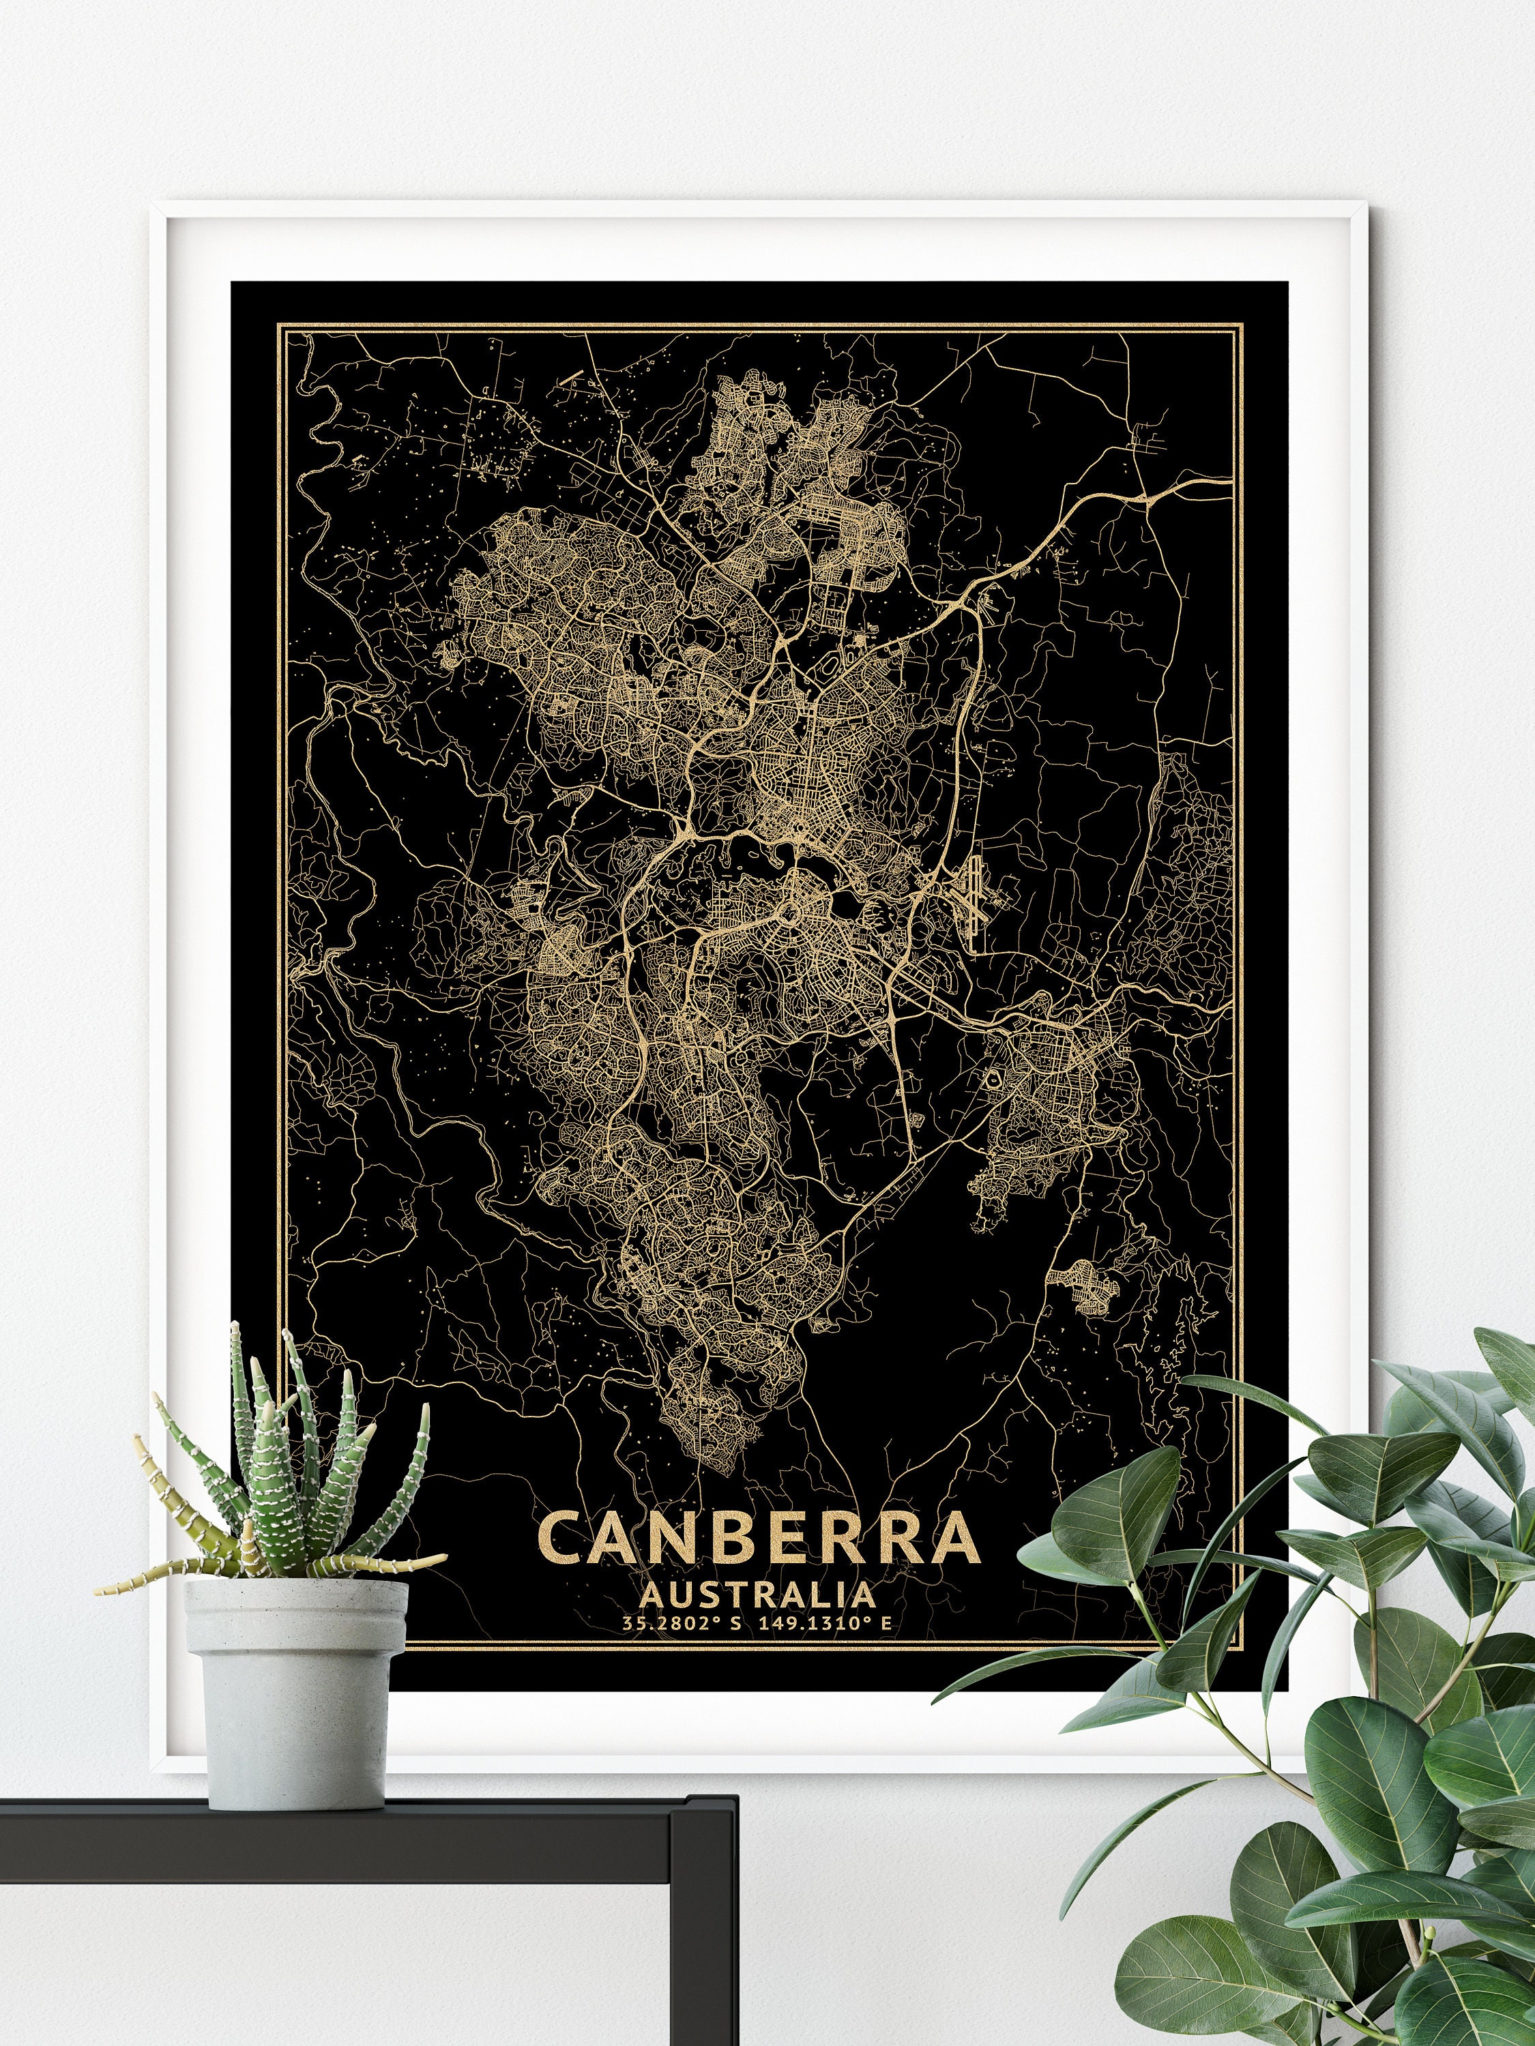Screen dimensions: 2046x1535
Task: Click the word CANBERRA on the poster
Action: (x=756, y=1538)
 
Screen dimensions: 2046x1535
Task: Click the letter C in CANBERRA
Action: (x=561, y=1538)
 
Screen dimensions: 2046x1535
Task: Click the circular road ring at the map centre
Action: (x=789, y=916)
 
